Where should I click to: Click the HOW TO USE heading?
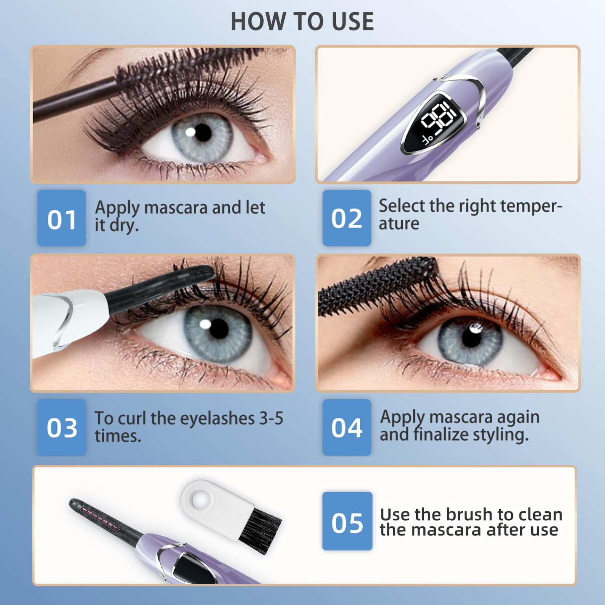point(302,22)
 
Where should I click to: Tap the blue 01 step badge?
point(62,218)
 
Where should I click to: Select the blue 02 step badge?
point(347,218)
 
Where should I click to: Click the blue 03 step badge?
point(62,427)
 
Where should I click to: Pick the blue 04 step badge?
point(347,427)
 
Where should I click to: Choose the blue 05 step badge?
point(347,521)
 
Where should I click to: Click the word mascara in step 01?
point(176,208)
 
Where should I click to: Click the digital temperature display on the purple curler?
point(435,123)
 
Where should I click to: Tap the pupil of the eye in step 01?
point(203,133)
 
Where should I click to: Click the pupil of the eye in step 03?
point(219,328)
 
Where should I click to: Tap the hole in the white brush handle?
point(200,500)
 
